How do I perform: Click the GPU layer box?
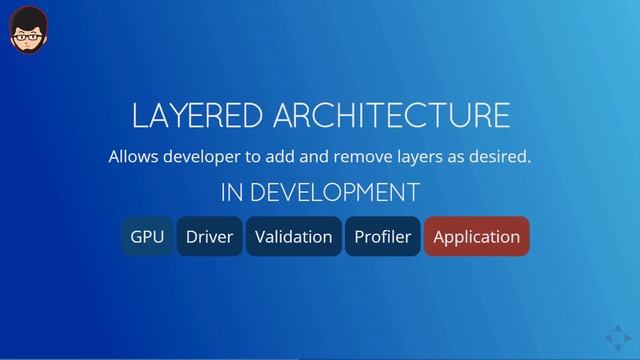click(147, 237)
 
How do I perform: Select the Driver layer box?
click(209, 237)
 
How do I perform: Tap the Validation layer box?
click(293, 237)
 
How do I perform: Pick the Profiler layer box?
click(382, 237)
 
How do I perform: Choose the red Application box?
click(476, 237)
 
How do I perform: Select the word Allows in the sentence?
click(132, 157)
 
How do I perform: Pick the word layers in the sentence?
click(429, 157)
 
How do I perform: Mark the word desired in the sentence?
click(502, 157)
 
